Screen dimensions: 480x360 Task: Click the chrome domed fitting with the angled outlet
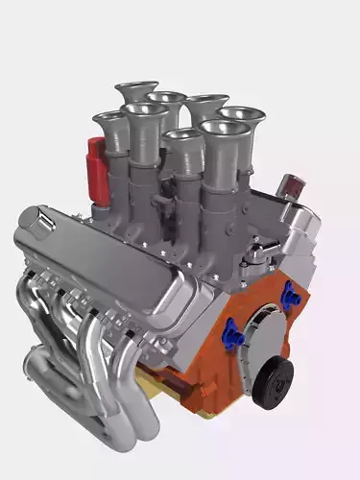click(x=257, y=252)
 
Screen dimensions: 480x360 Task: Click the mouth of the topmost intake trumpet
click(x=136, y=89)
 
